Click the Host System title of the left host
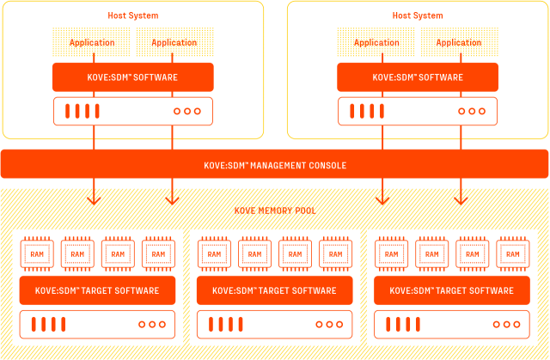pos(133,15)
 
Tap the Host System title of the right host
pos(418,15)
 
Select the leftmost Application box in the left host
pos(92,42)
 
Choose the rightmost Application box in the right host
pos(458,42)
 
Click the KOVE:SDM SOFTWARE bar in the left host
pos(133,77)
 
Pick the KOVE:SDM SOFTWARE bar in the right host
pos(418,77)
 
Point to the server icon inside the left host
pos(133,111)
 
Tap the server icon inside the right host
pos(418,111)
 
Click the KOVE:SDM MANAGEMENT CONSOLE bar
pos(274,164)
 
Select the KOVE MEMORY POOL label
pos(274,211)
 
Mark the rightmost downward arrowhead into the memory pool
pos(461,199)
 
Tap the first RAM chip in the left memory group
pos(37,253)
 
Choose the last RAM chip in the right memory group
pos(512,253)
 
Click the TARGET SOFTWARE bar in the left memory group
pos(97,290)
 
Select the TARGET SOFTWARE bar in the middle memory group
pos(274,290)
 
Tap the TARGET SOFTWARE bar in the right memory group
pos(451,290)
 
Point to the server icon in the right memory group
pos(451,324)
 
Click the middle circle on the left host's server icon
pos(186,111)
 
